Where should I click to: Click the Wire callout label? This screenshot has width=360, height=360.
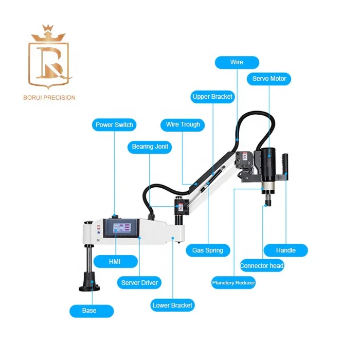(x=236, y=62)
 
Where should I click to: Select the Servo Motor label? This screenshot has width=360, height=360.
(x=269, y=79)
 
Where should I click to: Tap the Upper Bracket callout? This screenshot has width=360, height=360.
(x=212, y=96)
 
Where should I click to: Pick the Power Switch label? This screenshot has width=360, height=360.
(x=114, y=124)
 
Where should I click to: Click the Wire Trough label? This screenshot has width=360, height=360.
(x=183, y=124)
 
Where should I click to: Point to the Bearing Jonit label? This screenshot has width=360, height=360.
(x=150, y=147)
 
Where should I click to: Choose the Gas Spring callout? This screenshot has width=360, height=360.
(x=208, y=250)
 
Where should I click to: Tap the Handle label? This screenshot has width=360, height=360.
(x=285, y=250)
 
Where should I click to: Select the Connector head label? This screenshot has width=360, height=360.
(x=262, y=266)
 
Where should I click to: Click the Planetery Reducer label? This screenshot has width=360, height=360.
(x=233, y=282)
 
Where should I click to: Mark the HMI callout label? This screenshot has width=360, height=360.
(x=115, y=262)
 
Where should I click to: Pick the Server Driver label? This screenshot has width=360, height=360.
(x=139, y=282)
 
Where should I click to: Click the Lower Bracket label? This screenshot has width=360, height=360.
(x=172, y=305)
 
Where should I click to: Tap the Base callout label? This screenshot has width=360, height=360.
(x=91, y=311)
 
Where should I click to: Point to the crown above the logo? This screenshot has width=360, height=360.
(x=50, y=32)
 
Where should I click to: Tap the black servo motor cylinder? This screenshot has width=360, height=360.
(x=268, y=164)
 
